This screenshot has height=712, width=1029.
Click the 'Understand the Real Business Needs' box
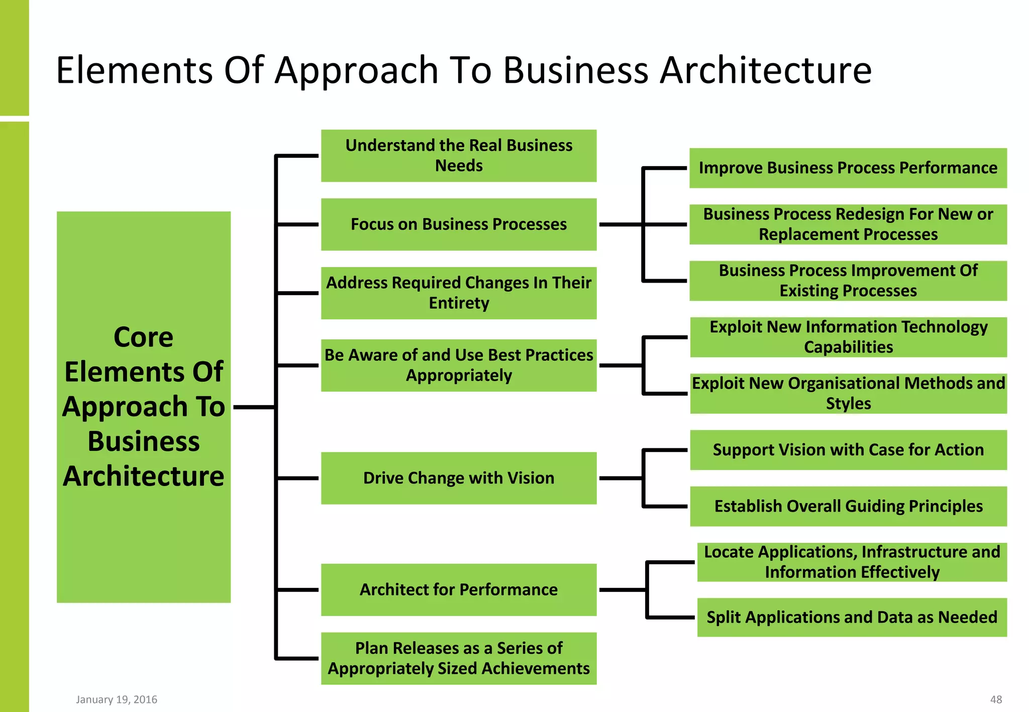pyautogui.click(x=459, y=156)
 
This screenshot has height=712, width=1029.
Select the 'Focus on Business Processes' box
pyautogui.click(x=459, y=224)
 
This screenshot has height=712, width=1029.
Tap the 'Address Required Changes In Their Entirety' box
pyautogui.click(x=459, y=293)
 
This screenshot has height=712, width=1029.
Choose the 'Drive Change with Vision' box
pyautogui.click(x=459, y=478)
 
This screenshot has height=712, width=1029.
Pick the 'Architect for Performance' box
pyautogui.click(x=459, y=589)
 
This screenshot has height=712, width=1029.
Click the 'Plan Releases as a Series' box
pyautogui.click(x=459, y=658)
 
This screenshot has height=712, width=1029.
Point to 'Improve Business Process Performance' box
pyautogui.click(x=848, y=168)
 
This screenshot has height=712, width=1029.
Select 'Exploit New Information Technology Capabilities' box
pyautogui.click(x=848, y=337)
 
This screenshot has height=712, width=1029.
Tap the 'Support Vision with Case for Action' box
pyautogui.click(x=848, y=450)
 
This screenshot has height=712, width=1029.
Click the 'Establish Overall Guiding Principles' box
pyautogui.click(x=848, y=506)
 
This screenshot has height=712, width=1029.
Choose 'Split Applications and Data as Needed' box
pyautogui.click(x=852, y=617)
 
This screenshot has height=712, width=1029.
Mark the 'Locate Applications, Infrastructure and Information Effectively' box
pyautogui.click(x=852, y=562)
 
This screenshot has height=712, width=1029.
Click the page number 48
pyautogui.click(x=996, y=699)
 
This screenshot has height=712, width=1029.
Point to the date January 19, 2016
pyautogui.click(x=117, y=699)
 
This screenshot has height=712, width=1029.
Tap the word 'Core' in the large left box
pyautogui.click(x=143, y=337)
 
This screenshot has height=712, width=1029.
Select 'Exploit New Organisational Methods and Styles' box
pyautogui.click(x=848, y=394)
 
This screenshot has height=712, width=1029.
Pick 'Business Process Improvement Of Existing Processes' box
pyautogui.click(x=848, y=281)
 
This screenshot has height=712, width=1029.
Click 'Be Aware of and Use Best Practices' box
pyautogui.click(x=459, y=366)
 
